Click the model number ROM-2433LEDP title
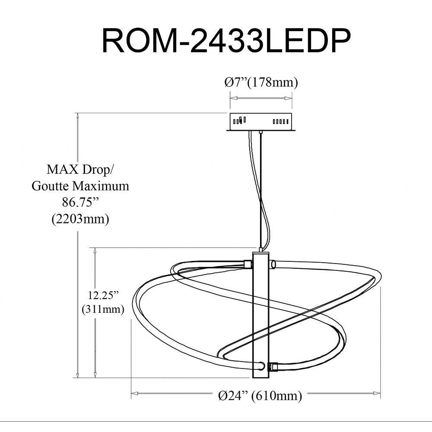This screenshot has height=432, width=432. click(226, 41)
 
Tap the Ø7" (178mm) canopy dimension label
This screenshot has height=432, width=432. click(261, 82)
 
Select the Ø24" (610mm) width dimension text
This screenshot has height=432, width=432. click(260, 396)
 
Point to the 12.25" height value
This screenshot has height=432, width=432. click(103, 295)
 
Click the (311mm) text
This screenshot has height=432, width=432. click(103, 309)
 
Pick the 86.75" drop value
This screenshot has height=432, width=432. click(80, 203)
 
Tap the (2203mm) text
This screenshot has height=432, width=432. click(80, 219)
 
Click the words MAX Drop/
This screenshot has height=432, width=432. click(79, 169)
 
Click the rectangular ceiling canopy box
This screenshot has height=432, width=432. click(261, 122)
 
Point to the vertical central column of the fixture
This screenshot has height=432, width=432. click(260, 316)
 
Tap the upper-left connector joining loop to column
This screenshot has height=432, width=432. click(248, 264)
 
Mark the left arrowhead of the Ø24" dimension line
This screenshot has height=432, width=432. click(135, 393)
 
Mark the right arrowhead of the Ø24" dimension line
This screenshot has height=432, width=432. click(377, 393)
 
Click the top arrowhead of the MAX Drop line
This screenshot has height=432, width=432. click(78, 116)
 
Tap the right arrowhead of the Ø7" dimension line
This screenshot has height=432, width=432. click(289, 98)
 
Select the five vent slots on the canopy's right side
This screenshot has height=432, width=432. click(280, 121)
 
